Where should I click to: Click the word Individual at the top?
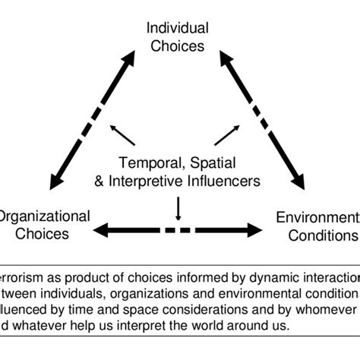tap(176, 29)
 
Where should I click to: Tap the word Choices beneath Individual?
tap(176, 46)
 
